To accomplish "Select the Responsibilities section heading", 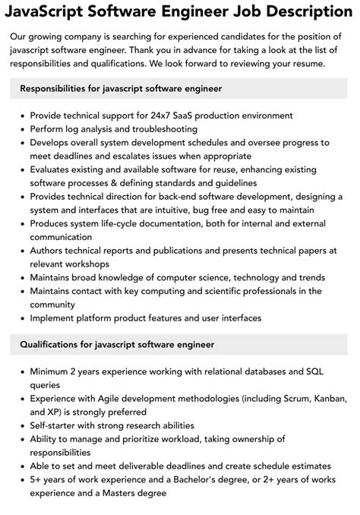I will coord(122,89).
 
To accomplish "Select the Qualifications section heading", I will coord(117,345).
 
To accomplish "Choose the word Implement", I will coord(55,318).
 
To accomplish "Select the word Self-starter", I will coord(58,425).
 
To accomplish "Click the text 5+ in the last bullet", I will coord(36,479).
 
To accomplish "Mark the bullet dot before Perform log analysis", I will coord(21,129).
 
